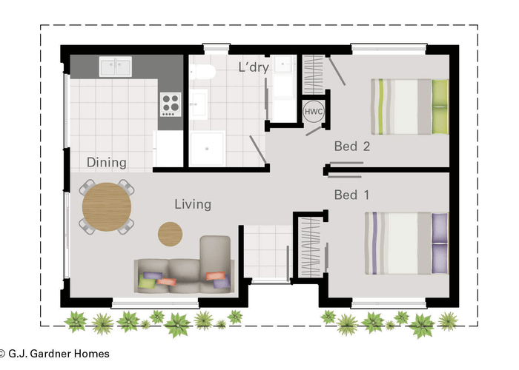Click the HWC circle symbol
(x=314, y=111)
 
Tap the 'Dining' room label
(x=107, y=163)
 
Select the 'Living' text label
(x=193, y=204)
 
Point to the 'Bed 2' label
(x=352, y=146)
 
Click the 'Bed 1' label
(x=352, y=195)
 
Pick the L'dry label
(x=254, y=67)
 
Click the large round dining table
(x=107, y=206)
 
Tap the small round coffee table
(x=170, y=234)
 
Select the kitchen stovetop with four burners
(x=171, y=104)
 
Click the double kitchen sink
(x=116, y=67)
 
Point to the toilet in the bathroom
(x=202, y=72)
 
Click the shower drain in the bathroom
(x=207, y=149)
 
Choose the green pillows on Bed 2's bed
(x=440, y=107)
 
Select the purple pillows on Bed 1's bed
(x=440, y=243)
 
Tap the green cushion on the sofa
(x=147, y=282)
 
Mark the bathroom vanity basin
(x=199, y=104)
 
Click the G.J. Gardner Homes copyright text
(x=55, y=354)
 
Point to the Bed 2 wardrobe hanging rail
(x=313, y=75)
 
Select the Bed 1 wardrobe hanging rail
(x=310, y=247)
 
